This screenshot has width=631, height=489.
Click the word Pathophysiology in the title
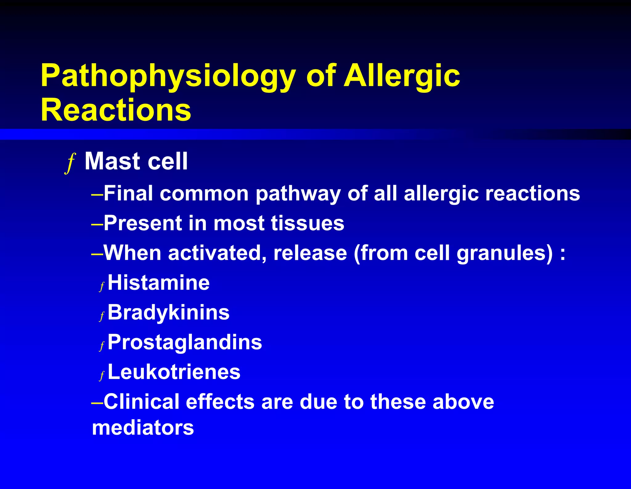coord(168,76)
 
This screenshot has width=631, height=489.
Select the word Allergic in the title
coord(402,76)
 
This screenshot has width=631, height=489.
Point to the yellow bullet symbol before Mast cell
coord(71,163)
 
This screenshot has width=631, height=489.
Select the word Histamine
coord(159,283)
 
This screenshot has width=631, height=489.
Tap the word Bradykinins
coord(169,313)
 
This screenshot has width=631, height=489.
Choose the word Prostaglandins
coord(185,343)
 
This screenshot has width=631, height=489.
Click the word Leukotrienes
coord(174,372)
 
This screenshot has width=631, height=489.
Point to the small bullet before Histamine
coord(102,286)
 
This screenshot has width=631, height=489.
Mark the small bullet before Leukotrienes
coord(102,376)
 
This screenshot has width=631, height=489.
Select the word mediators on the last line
coord(143,428)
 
